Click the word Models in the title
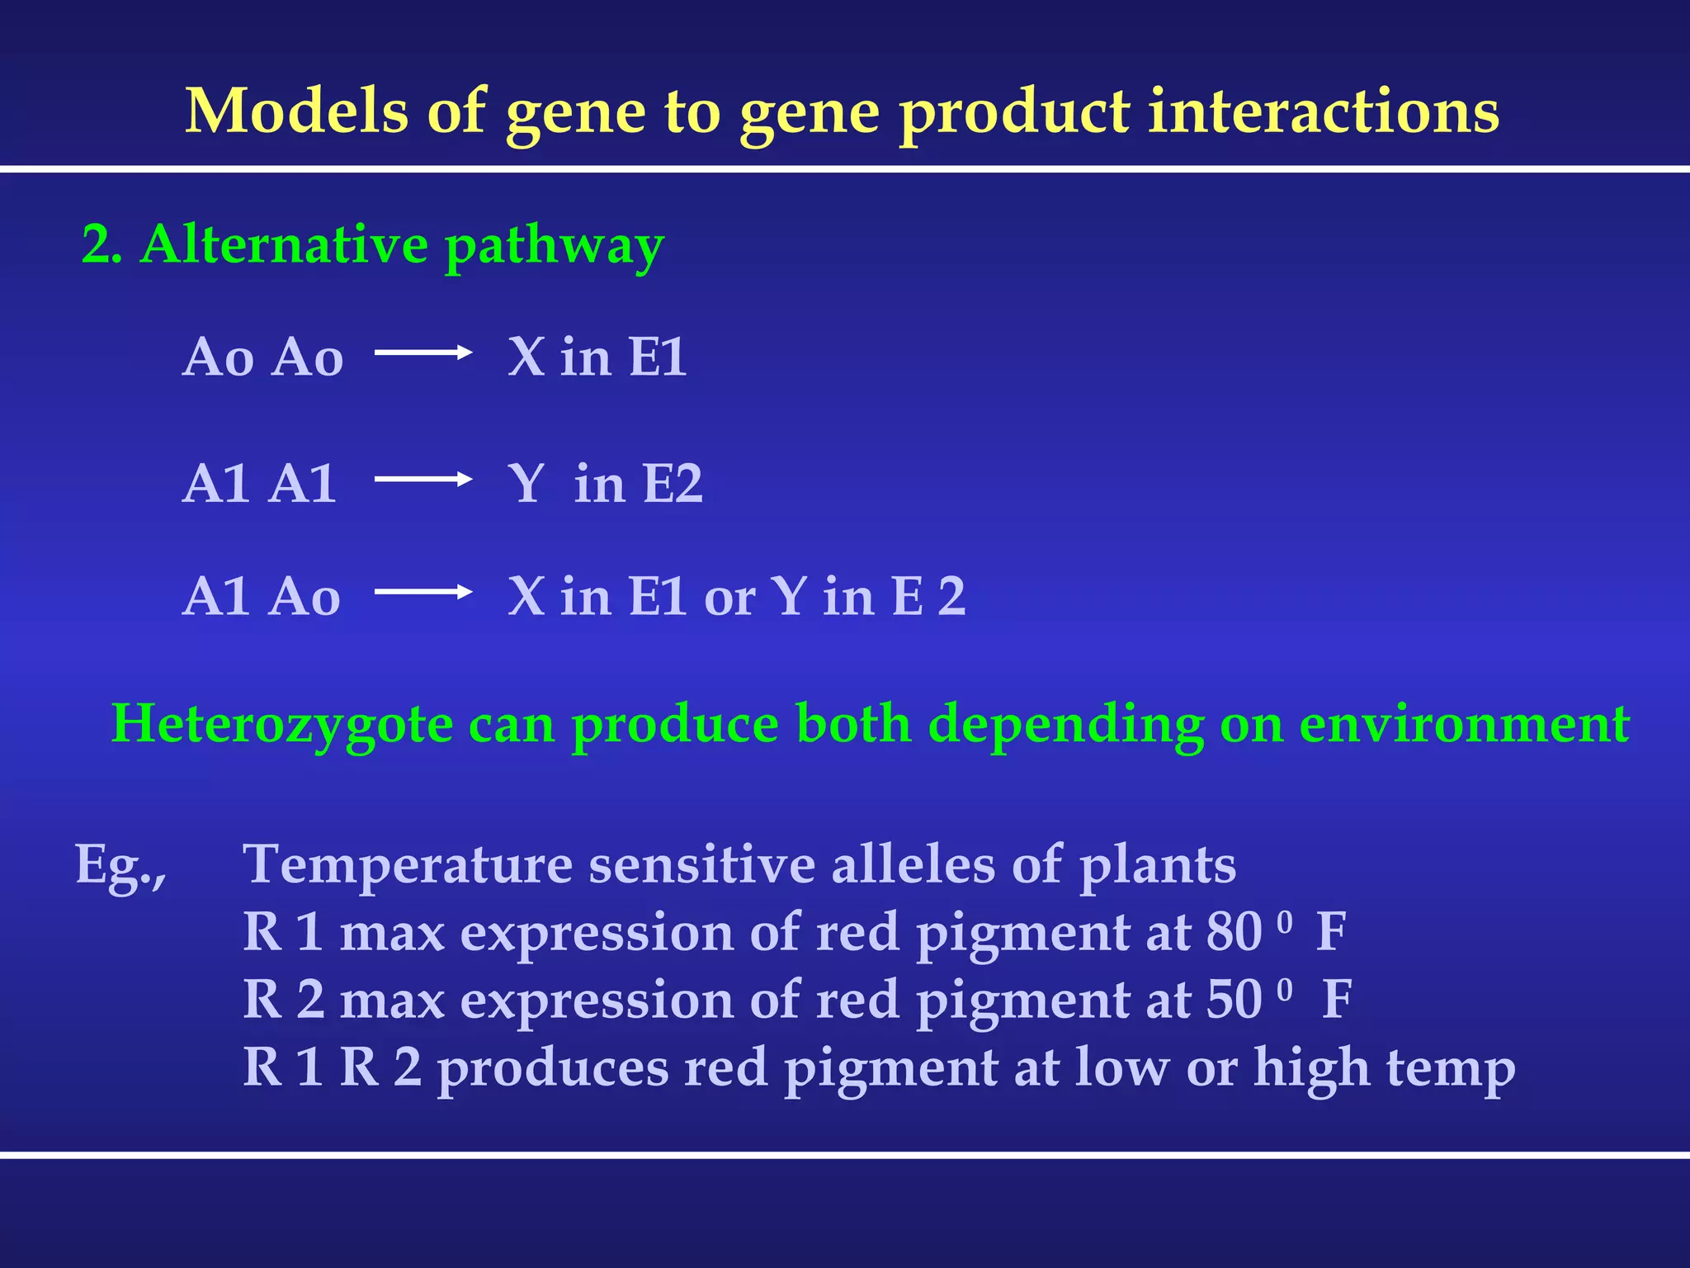click(296, 111)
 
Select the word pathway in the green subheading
click(554, 247)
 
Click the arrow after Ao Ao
click(422, 352)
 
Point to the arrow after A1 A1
click(422, 479)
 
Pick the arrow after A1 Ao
click(422, 591)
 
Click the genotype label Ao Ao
click(262, 357)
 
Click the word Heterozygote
click(281, 725)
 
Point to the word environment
click(1464, 725)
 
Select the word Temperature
click(408, 865)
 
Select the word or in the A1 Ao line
click(729, 598)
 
